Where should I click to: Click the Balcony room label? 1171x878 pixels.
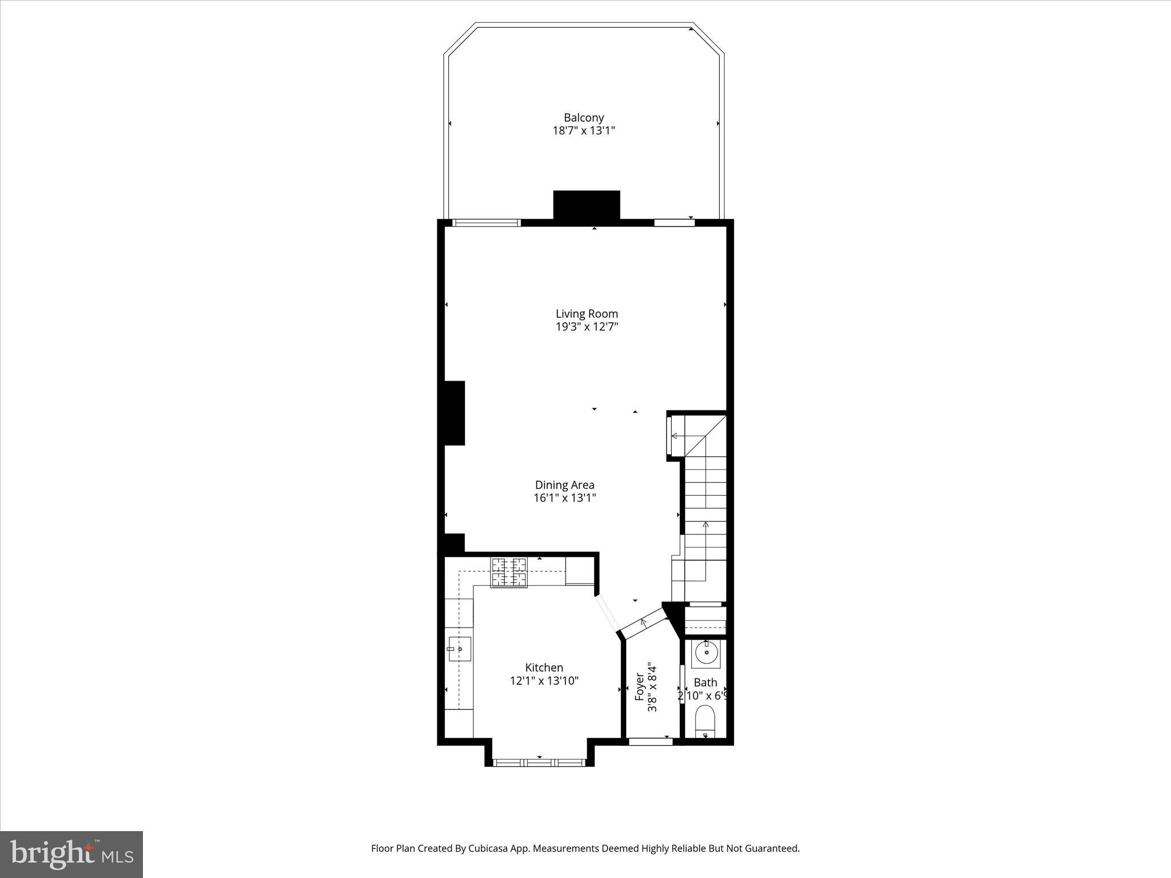pos(584,118)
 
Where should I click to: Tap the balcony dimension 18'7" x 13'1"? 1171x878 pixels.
pos(584,131)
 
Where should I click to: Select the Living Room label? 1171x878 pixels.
pos(587,314)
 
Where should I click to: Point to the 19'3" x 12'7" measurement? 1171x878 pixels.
pos(587,327)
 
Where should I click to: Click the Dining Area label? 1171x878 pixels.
pos(564,485)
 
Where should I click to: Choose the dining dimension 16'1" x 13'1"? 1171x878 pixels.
pos(564,498)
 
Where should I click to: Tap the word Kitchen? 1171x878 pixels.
pos(544,668)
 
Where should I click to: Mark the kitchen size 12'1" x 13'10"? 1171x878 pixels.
pos(544,681)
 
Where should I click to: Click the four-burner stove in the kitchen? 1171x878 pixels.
pos(508,572)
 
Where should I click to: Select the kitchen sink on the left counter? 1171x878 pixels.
pos(459,649)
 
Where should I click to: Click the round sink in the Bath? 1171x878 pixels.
pos(707,653)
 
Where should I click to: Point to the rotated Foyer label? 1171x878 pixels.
pos(640,687)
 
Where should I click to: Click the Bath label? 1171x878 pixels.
pos(705,683)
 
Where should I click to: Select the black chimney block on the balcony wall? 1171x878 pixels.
pos(587,205)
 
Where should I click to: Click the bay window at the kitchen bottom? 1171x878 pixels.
pos(539,762)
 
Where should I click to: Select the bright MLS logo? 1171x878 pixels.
pos(71,854)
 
